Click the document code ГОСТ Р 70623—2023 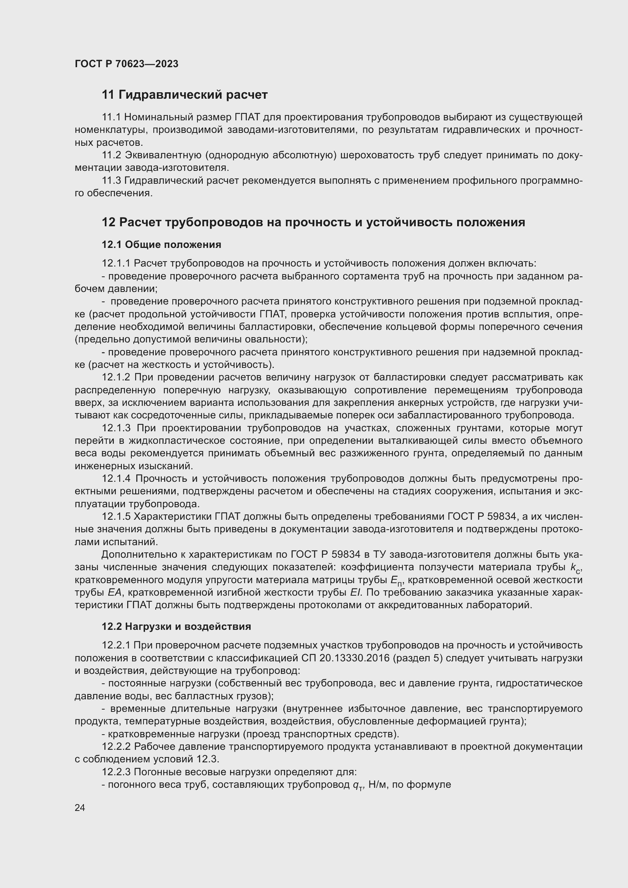click(126, 64)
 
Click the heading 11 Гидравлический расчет click(185, 95)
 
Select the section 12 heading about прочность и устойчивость click(313, 222)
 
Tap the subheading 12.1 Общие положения click(161, 244)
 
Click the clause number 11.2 click(111, 155)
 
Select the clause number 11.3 click(111, 181)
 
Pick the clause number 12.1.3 click(117, 428)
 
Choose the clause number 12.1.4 click(117, 479)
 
